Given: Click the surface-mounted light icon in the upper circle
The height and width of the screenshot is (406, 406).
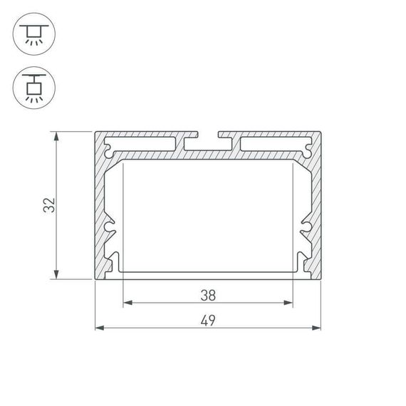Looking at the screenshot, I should coord(33,33).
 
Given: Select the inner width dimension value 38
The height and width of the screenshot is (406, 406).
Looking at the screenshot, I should coord(207,293).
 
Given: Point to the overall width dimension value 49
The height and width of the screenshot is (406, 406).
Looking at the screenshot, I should coord(207,320).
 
